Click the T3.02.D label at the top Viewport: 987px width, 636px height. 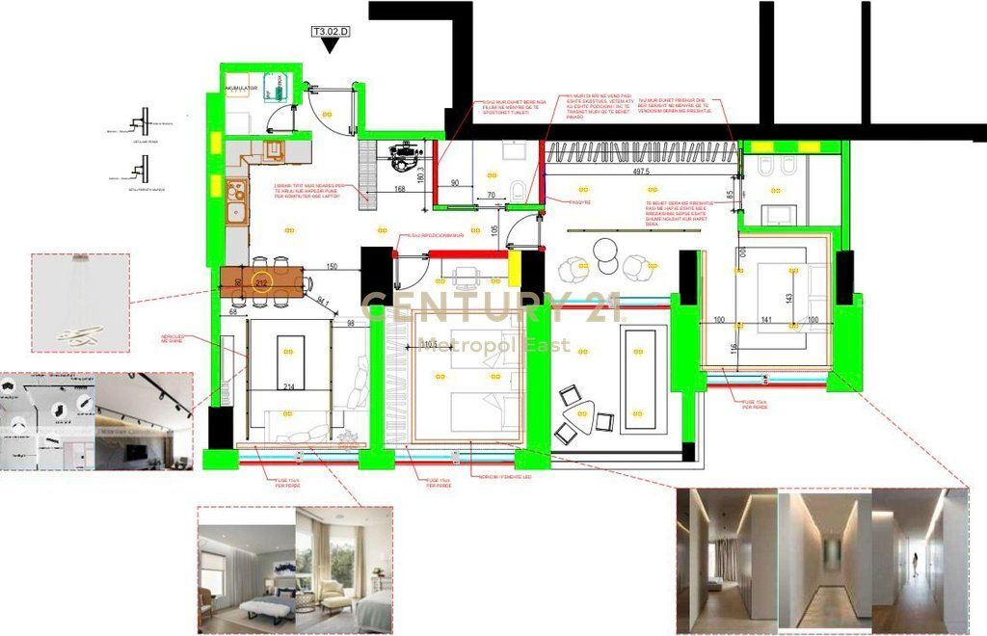coord(330,31)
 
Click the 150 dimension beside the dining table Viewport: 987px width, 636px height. coord(331,267)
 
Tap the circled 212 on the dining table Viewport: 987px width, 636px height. coord(261,282)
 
